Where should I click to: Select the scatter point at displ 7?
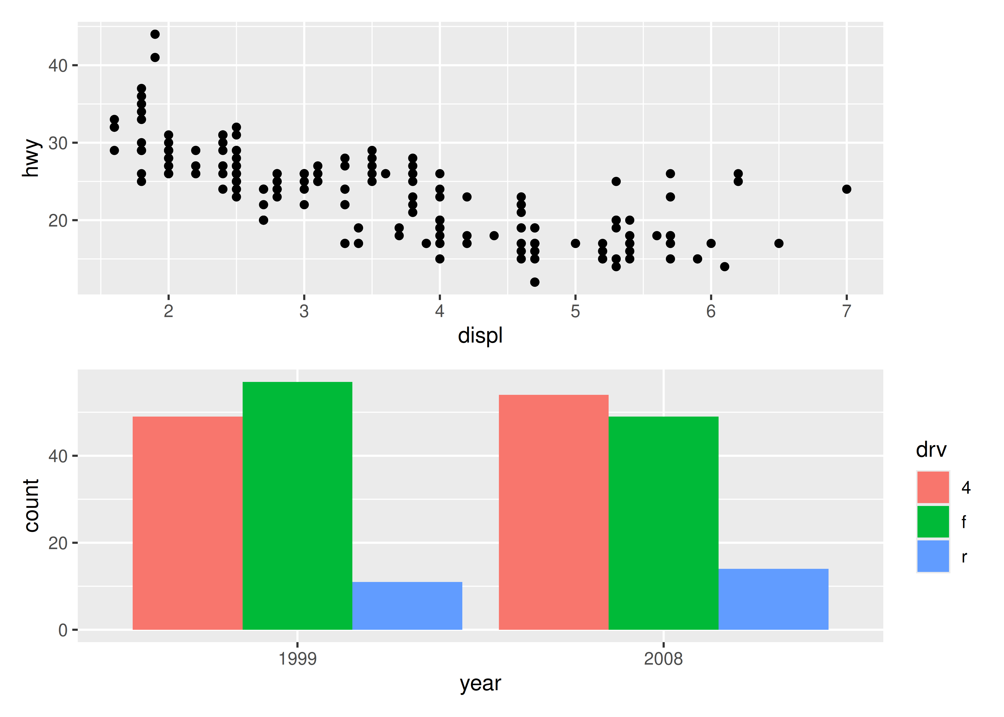coord(846,189)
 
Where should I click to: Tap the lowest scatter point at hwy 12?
coord(535,282)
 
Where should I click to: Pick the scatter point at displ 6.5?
coord(779,243)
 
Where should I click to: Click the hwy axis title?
coord(31,158)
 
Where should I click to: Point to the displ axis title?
coord(480,336)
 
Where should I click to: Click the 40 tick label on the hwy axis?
coord(58,66)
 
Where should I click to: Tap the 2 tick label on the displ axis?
coord(168,311)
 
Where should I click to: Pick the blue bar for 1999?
coord(407,606)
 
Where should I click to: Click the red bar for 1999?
coord(188,523)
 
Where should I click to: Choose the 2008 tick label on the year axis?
coord(663,659)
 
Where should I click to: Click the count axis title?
coord(31,505)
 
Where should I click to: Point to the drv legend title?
coord(931,450)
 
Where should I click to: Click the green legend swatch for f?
coord(933,522)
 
